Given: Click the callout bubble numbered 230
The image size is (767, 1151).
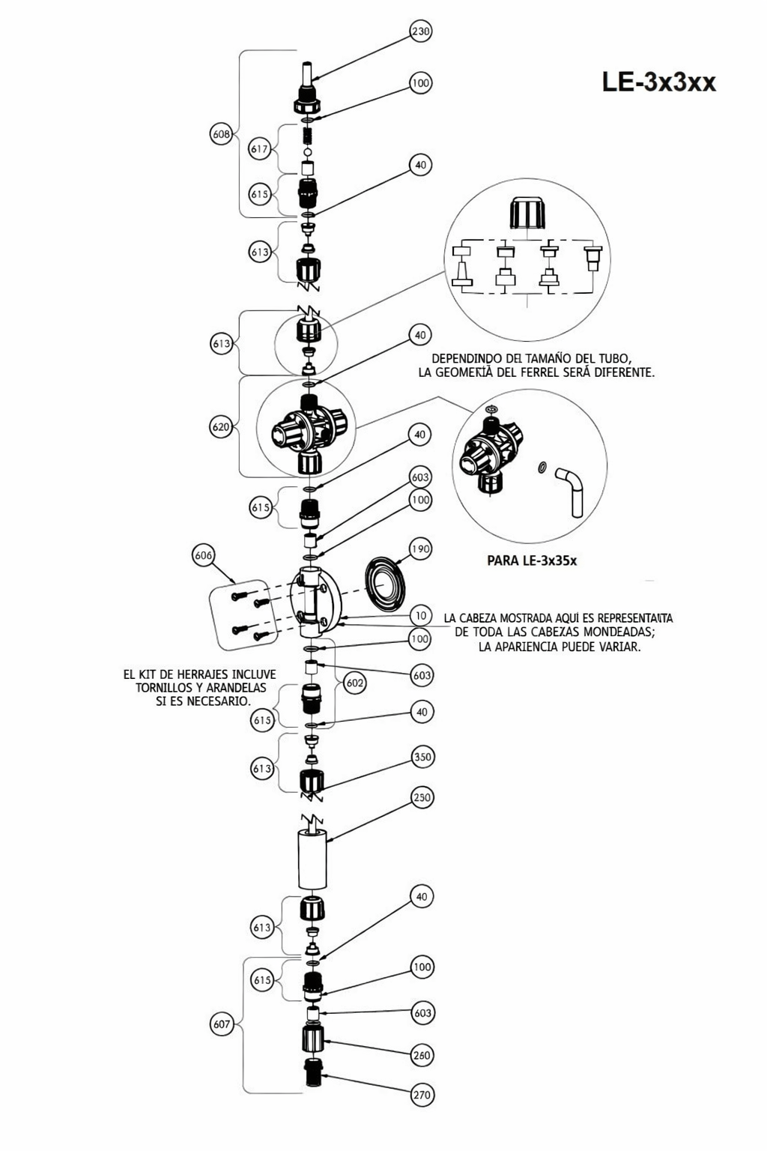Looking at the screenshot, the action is pyautogui.click(x=421, y=31).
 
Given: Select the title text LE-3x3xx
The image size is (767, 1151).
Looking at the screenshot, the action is pyautogui.click(x=658, y=82).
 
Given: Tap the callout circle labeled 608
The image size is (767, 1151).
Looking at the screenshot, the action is pyautogui.click(x=221, y=134).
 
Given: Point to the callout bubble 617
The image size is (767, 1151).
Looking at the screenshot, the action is pyautogui.click(x=259, y=149).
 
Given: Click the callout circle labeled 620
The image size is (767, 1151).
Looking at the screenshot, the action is pyautogui.click(x=221, y=427).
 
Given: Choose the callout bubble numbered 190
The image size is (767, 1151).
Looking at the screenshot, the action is pyautogui.click(x=420, y=549).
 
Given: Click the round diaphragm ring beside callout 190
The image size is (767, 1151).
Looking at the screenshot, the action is pyautogui.click(x=385, y=584).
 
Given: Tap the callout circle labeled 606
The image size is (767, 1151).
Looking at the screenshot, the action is pyautogui.click(x=204, y=555).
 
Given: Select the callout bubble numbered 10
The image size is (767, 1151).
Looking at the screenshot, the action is pyautogui.click(x=421, y=615).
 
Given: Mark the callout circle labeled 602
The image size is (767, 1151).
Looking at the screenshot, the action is pyautogui.click(x=355, y=683).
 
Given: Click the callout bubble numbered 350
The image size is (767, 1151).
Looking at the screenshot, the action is pyautogui.click(x=422, y=757).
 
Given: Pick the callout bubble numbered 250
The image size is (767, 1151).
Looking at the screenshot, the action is pyautogui.click(x=422, y=797).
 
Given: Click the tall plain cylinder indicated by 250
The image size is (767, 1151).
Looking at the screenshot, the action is pyautogui.click(x=312, y=860).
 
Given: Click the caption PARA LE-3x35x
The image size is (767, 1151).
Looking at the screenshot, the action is pyautogui.click(x=532, y=561).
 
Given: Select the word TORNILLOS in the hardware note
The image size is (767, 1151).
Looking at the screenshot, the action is pyautogui.click(x=164, y=687).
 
